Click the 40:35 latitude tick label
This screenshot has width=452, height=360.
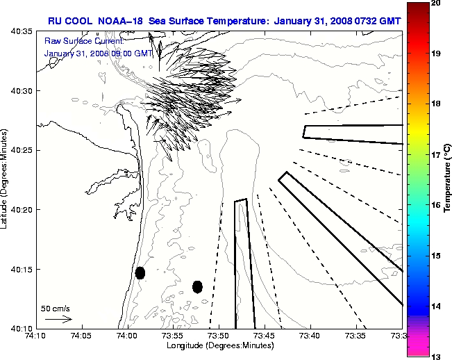coord(22,32)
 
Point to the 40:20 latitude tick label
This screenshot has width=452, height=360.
coord(22,210)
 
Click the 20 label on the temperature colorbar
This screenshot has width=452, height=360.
coord(436,3)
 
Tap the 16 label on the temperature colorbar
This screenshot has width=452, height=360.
coord(436,206)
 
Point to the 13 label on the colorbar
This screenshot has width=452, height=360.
coord(436,356)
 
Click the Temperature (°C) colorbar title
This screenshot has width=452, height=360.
coord(449,177)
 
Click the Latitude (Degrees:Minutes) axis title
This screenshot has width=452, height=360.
coord(6,180)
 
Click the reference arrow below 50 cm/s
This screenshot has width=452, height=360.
coord(58,319)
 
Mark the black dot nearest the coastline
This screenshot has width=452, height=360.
coord(140,272)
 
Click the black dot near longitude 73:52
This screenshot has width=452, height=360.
coord(197,286)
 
